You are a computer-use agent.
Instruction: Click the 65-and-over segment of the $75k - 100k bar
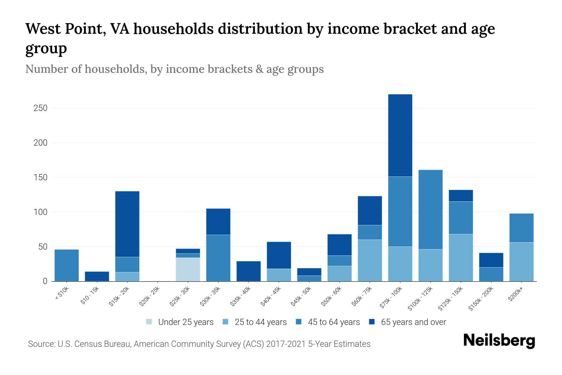[400, 135]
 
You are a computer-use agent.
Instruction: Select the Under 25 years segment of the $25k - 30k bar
[188, 269]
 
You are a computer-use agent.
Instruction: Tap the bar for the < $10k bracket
[67, 265]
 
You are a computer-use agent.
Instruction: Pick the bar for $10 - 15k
[97, 276]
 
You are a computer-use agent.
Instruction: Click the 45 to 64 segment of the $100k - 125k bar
[430, 209]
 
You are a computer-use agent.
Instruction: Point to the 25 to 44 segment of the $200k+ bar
[521, 262]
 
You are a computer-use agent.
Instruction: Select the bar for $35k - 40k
[249, 271]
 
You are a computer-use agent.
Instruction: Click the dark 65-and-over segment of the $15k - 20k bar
[127, 224]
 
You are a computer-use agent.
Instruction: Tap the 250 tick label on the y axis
[40, 108]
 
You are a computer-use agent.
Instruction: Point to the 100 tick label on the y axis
[40, 212]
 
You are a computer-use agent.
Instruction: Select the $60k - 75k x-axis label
[362, 297]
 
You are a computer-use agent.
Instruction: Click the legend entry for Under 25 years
[180, 322]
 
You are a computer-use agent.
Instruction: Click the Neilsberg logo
[499, 341]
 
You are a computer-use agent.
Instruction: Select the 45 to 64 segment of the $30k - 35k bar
[218, 258]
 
